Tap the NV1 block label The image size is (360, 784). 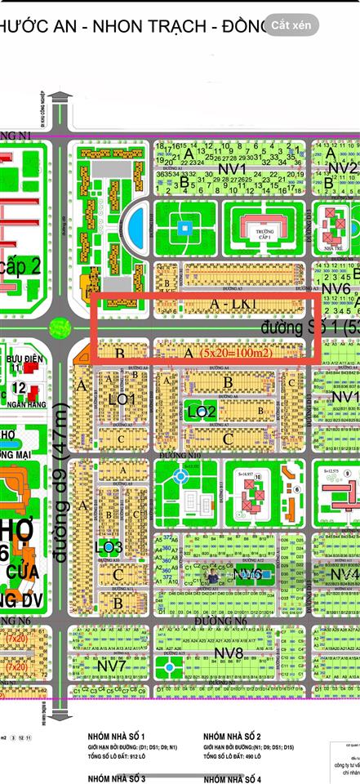coord(233,168)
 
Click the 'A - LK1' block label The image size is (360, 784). coord(211,304)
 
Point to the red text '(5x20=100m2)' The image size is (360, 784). coord(238,353)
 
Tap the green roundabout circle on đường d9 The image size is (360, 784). coord(59,328)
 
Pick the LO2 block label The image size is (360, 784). coord(201,412)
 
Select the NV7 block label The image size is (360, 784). coord(112,666)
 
